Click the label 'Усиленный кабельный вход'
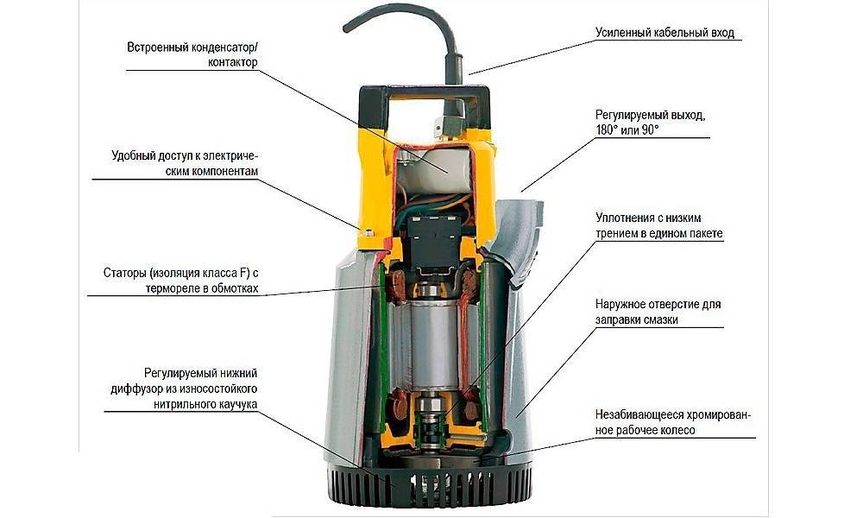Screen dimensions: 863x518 665,33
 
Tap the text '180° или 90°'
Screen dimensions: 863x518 627,130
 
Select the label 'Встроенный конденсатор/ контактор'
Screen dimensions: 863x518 192,54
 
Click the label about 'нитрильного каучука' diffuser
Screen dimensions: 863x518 184,388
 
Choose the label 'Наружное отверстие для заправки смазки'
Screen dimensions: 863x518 658,312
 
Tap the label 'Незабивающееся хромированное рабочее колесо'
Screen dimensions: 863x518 672,422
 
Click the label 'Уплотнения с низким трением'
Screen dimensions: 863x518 658,225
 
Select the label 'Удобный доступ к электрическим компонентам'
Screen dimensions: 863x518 185,163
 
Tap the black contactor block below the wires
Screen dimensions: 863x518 435,239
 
